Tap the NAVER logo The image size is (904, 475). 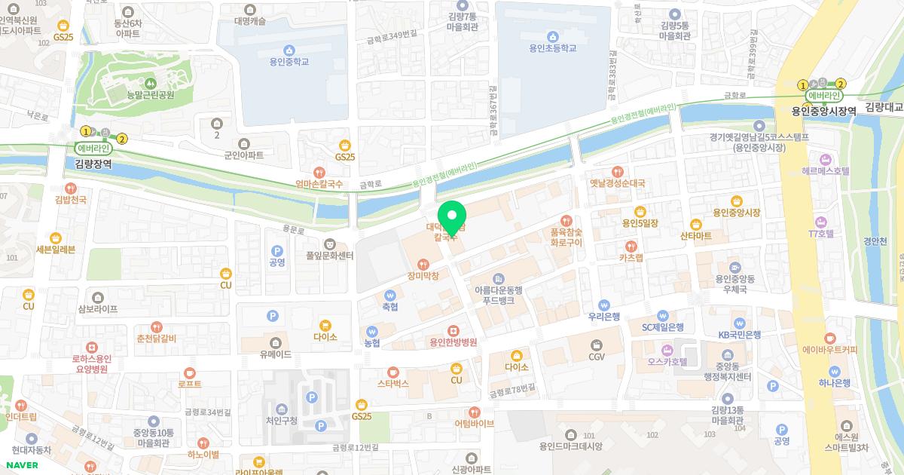[22, 465]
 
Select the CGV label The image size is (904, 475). [597, 357]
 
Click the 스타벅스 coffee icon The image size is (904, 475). [392, 371]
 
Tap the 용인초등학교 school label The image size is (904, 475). [552, 48]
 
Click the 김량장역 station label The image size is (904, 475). [93, 163]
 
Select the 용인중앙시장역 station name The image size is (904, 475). [823, 110]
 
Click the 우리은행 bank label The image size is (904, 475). [603, 317]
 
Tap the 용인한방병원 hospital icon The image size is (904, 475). [454, 329]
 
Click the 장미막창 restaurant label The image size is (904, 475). [422, 276]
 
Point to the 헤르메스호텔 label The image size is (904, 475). [826, 171]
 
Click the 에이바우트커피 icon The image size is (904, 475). [830, 337]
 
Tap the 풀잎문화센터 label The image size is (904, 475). [329, 256]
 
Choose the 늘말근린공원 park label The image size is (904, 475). [151, 95]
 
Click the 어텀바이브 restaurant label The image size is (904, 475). [474, 424]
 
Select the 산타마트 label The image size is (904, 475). [696, 236]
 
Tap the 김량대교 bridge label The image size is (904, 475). [884, 107]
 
